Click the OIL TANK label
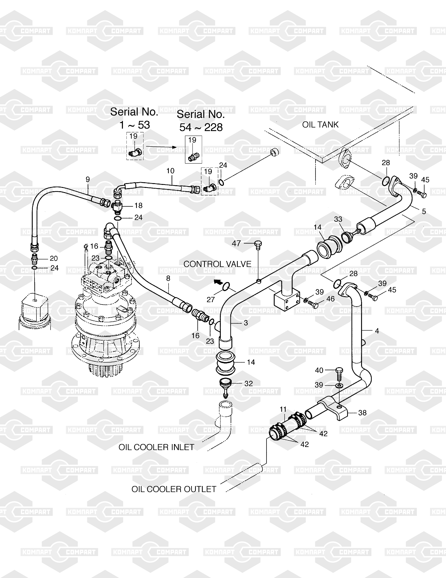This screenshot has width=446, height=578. tap(320, 125)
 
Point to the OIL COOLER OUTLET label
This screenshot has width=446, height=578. tap(174, 489)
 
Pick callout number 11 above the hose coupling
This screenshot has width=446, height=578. tap(283, 409)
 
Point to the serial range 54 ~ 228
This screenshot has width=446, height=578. tap(201, 128)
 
